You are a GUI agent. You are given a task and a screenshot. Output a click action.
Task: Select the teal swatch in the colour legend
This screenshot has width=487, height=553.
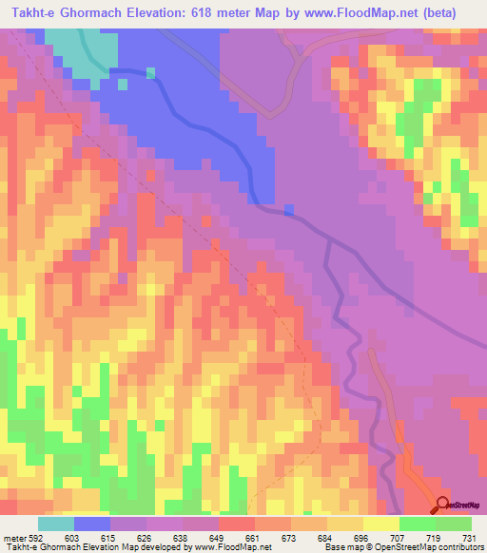[x=56, y=524]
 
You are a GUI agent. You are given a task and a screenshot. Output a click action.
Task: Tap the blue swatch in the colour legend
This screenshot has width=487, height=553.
[x=92, y=524]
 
